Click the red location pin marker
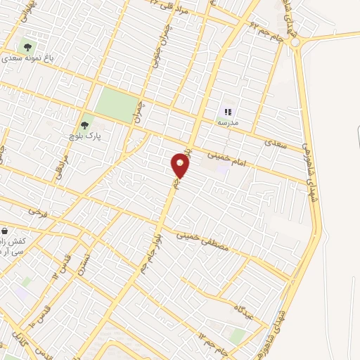pos(181,166)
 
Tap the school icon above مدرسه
pos(227,111)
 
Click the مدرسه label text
pos(227,122)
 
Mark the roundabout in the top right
pos(296,42)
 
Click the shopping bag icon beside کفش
pos(6,231)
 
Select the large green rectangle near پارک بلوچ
pos(117,104)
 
